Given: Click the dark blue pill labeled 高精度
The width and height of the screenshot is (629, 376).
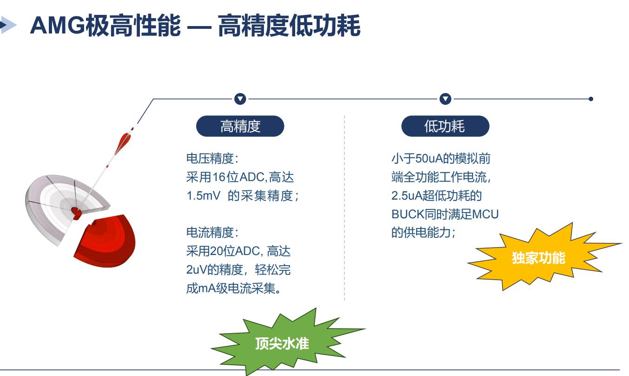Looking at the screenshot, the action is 240,126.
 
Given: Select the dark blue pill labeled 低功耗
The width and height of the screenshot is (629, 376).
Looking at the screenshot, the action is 445,126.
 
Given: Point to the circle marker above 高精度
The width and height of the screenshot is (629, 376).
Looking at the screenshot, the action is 240,99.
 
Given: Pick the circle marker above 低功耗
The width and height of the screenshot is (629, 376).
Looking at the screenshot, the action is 445,99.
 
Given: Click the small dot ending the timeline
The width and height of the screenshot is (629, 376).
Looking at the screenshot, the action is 591,99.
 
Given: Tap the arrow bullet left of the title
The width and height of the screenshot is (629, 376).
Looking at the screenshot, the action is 8,25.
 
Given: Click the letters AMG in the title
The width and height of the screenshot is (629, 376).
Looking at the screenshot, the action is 57,26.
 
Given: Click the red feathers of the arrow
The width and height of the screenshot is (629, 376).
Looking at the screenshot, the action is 123,143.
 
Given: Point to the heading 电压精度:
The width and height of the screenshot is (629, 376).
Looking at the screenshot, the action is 212,159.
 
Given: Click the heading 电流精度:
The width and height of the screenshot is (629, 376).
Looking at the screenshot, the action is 212,232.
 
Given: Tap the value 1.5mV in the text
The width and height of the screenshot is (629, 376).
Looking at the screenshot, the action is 203,195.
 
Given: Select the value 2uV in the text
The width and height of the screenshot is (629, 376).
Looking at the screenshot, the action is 196,270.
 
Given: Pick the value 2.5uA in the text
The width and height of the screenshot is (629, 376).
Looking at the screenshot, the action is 407,195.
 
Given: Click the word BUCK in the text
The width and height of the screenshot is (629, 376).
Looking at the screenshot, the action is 408,214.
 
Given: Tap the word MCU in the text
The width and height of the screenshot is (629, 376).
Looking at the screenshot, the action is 485,214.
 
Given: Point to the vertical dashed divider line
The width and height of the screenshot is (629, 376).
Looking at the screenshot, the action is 344,208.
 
